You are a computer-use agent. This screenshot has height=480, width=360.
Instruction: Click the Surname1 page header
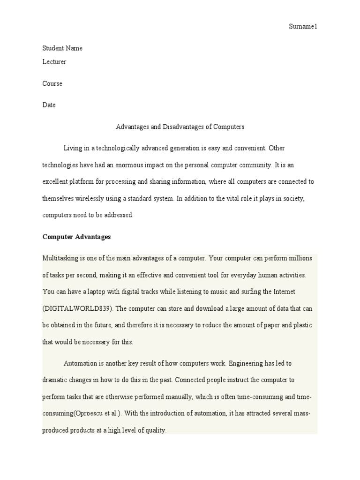click(303, 27)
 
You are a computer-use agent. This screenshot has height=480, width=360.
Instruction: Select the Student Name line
click(62, 48)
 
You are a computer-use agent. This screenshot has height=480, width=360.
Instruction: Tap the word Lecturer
click(54, 62)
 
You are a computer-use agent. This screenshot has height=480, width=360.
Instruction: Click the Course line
click(52, 83)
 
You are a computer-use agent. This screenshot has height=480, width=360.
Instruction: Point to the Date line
click(49, 105)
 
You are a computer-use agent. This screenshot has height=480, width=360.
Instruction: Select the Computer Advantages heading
click(76, 237)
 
